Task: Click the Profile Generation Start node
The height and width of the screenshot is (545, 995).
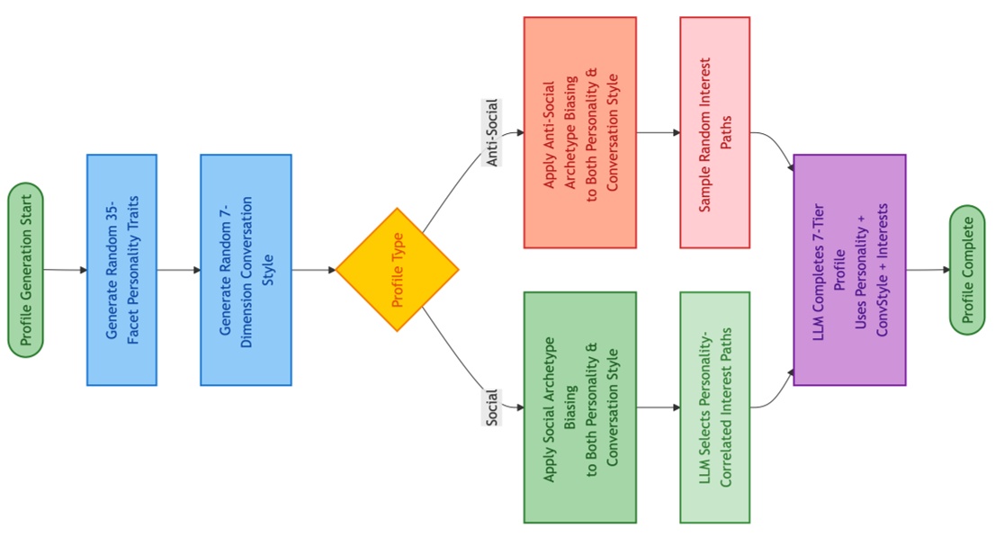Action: coord(25,270)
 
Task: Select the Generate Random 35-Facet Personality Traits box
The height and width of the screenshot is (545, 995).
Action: coord(121,270)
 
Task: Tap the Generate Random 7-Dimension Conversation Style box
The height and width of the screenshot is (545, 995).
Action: coord(246,270)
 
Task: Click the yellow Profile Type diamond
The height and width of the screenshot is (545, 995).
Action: coord(398,270)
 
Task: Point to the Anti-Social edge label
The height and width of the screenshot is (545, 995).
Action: coord(493,133)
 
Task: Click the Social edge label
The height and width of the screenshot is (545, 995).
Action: coord(492,407)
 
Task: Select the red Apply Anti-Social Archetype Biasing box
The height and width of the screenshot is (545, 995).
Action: coord(580,132)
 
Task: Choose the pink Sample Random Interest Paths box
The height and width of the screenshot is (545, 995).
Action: coord(715,132)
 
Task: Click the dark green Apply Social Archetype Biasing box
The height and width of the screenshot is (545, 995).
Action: coord(580,407)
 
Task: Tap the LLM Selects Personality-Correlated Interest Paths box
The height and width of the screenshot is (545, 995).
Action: coord(715,407)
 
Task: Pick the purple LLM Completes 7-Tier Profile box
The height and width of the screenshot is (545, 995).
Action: coord(849,270)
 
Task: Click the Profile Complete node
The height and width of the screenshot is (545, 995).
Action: coord(968,270)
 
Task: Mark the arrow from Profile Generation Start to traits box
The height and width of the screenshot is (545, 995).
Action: coord(66,270)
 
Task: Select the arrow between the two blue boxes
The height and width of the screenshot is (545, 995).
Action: coord(179,270)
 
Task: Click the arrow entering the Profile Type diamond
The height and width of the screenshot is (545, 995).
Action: coord(314,270)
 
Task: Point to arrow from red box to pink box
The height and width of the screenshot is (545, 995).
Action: coord(659,132)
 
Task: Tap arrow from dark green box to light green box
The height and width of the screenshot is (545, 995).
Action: coord(659,407)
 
